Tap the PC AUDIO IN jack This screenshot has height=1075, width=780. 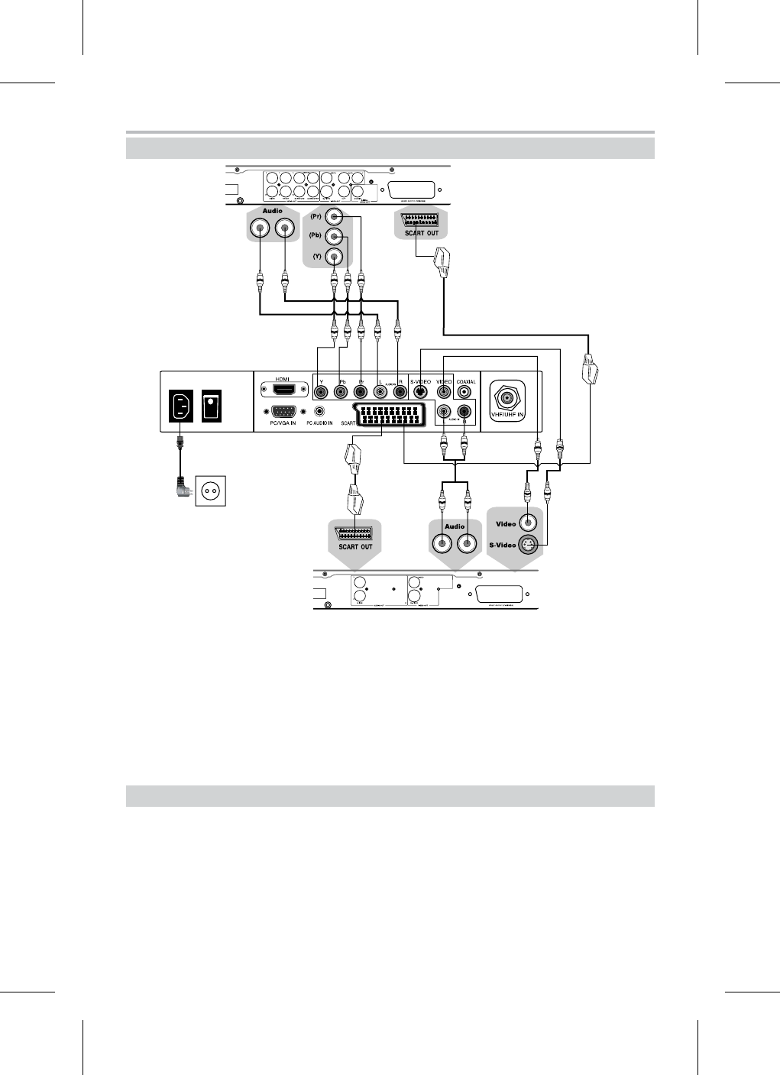click(x=319, y=410)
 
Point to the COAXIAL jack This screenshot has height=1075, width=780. click(x=464, y=392)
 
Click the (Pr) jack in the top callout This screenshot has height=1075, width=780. click(x=333, y=218)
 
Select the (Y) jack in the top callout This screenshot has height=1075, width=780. click(x=333, y=257)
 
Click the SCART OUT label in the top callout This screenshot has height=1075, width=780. click(x=421, y=233)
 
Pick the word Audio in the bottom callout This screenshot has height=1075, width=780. click(x=455, y=526)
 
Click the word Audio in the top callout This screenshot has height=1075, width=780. click(x=273, y=211)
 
